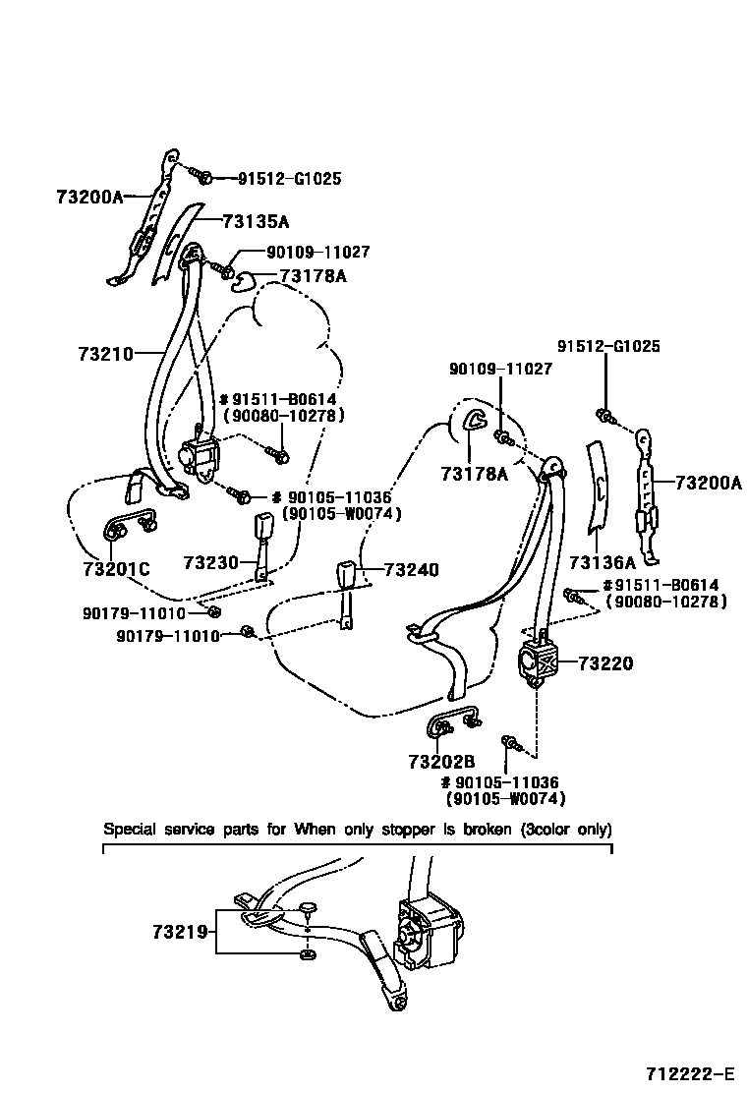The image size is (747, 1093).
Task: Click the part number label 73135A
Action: tap(256, 221)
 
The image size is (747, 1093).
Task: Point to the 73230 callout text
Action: tap(211, 562)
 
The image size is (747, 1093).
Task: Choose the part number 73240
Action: tap(411, 570)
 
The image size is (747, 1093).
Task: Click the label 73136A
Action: tap(602, 562)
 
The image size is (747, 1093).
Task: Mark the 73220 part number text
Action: tap(605, 663)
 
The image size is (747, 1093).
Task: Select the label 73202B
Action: tap(441, 761)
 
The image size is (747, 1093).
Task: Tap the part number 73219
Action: tap(181, 930)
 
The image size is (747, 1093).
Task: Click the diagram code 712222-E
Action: tap(690, 1071)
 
